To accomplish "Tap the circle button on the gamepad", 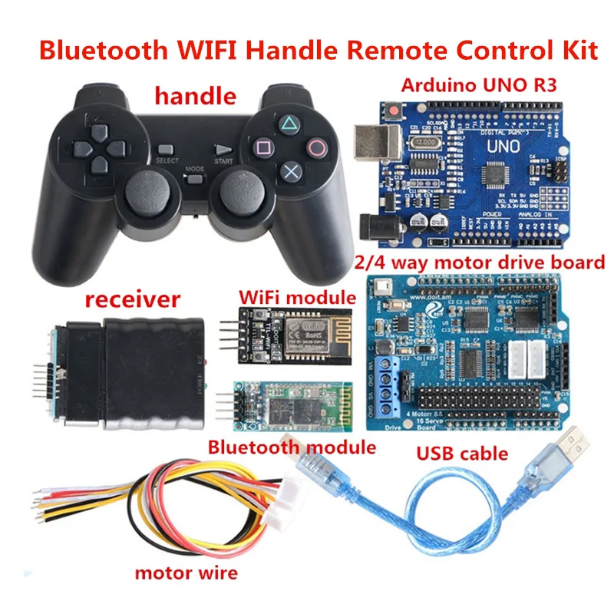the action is tap(315, 145).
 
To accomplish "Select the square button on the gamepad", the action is tap(262, 146).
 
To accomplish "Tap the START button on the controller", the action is tap(223, 151).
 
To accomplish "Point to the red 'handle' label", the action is tap(195, 96).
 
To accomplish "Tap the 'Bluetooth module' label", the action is tap(292, 447).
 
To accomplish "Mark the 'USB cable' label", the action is tap(463, 453).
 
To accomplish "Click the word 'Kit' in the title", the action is tap(576, 51).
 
